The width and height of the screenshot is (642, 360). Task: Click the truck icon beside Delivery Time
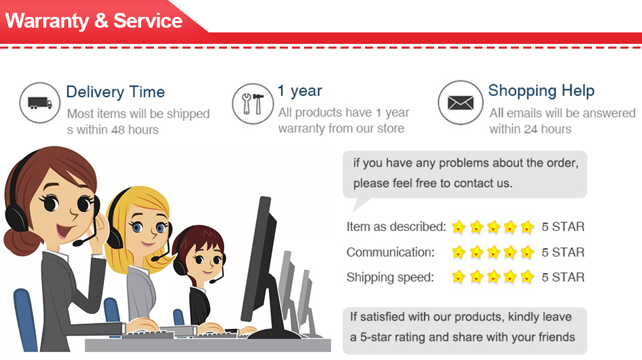point(40,103)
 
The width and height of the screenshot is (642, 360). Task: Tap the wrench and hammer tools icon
point(253,103)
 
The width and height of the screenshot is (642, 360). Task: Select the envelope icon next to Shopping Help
point(461,102)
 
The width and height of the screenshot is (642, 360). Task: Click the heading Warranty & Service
point(94,21)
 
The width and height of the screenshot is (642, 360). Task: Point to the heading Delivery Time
point(116,92)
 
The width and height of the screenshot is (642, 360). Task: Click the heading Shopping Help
point(541,91)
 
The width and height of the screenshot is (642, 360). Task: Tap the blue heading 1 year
point(300,91)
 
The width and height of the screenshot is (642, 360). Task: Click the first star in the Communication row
point(459,252)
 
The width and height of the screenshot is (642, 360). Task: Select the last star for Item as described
point(527,226)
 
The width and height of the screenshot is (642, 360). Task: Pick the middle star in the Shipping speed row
point(493,277)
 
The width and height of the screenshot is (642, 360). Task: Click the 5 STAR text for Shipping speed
point(563,278)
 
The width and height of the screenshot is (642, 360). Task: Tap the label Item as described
point(396,227)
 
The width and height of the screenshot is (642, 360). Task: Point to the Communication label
point(390,253)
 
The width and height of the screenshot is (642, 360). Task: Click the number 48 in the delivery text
point(118,130)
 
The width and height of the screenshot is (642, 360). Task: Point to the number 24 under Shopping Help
point(530,129)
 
